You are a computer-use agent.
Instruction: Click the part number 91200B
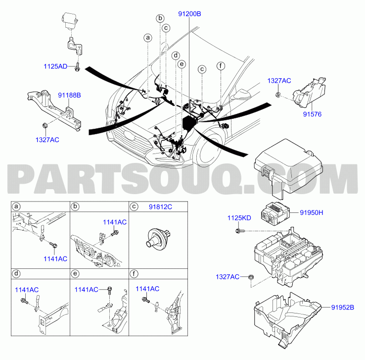pyautogui.click(x=189, y=14)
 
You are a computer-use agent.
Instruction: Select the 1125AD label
pyautogui.click(x=55, y=66)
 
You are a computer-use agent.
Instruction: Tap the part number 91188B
pyautogui.click(x=69, y=95)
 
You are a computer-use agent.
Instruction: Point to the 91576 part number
pyautogui.click(x=312, y=114)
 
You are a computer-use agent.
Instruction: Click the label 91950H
pyautogui.click(x=312, y=212)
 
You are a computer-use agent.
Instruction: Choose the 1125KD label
pyautogui.click(x=239, y=218)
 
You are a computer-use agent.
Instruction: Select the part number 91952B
pyautogui.click(x=343, y=308)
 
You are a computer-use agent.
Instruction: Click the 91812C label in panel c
pyautogui.click(x=160, y=206)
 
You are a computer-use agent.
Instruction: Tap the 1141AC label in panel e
pyautogui.click(x=87, y=289)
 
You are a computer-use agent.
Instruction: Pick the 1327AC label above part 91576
pyautogui.click(x=279, y=81)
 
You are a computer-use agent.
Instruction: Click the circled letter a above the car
pyautogui.click(x=148, y=38)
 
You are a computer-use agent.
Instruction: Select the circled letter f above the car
pyautogui.click(x=221, y=66)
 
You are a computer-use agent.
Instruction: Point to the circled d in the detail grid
pyautogui.click(x=16, y=273)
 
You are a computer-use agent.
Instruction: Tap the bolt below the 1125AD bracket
pyautogui.click(x=77, y=67)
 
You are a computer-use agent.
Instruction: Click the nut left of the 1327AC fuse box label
pyautogui.click(x=251, y=277)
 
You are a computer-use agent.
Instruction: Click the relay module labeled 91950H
pyautogui.click(x=275, y=213)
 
